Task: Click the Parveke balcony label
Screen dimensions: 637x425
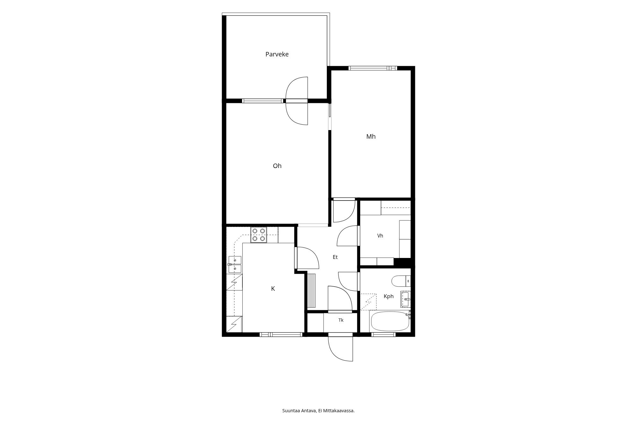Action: click(x=277, y=54)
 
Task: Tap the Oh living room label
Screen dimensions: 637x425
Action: click(x=277, y=166)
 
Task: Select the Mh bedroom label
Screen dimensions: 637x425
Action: click(x=371, y=136)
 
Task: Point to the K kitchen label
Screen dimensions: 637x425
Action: click(x=273, y=289)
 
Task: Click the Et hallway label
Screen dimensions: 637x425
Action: click(x=335, y=257)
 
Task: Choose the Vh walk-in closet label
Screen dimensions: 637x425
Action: click(x=380, y=236)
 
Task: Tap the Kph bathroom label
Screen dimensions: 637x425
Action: click(x=389, y=296)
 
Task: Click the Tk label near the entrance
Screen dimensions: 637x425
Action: click(x=341, y=320)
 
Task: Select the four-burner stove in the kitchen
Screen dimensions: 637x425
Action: click(x=259, y=235)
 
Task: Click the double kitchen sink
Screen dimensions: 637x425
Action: click(x=235, y=265)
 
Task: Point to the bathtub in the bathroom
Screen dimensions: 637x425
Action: click(x=390, y=322)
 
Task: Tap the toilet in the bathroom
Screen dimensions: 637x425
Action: click(x=400, y=281)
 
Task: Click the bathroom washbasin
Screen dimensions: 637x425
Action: click(x=405, y=299)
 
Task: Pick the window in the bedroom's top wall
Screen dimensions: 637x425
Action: click(x=373, y=68)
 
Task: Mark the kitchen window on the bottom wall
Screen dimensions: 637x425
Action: click(x=281, y=334)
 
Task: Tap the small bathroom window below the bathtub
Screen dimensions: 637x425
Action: click(x=383, y=334)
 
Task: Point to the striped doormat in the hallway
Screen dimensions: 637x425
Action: click(x=312, y=291)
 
